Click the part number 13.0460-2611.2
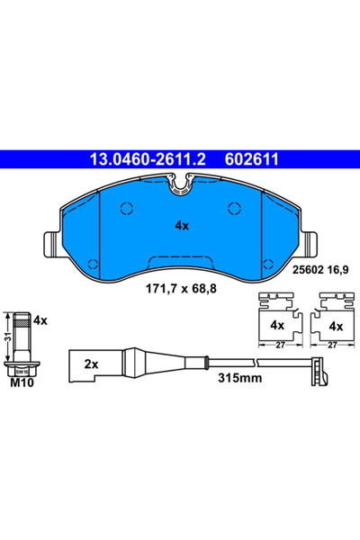pyautogui.click(x=148, y=159)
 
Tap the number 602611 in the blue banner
pyautogui.click(x=251, y=159)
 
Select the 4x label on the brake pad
pyautogui.click(x=182, y=226)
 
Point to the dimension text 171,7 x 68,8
pyautogui.click(x=181, y=288)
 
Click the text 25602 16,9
pyautogui.click(x=320, y=270)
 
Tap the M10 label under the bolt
pyautogui.click(x=22, y=382)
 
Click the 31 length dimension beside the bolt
pyautogui.click(x=9, y=337)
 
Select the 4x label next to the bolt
pyautogui.click(x=40, y=321)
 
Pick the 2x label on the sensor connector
pyautogui.click(x=91, y=364)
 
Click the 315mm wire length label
pyautogui.click(x=239, y=378)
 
